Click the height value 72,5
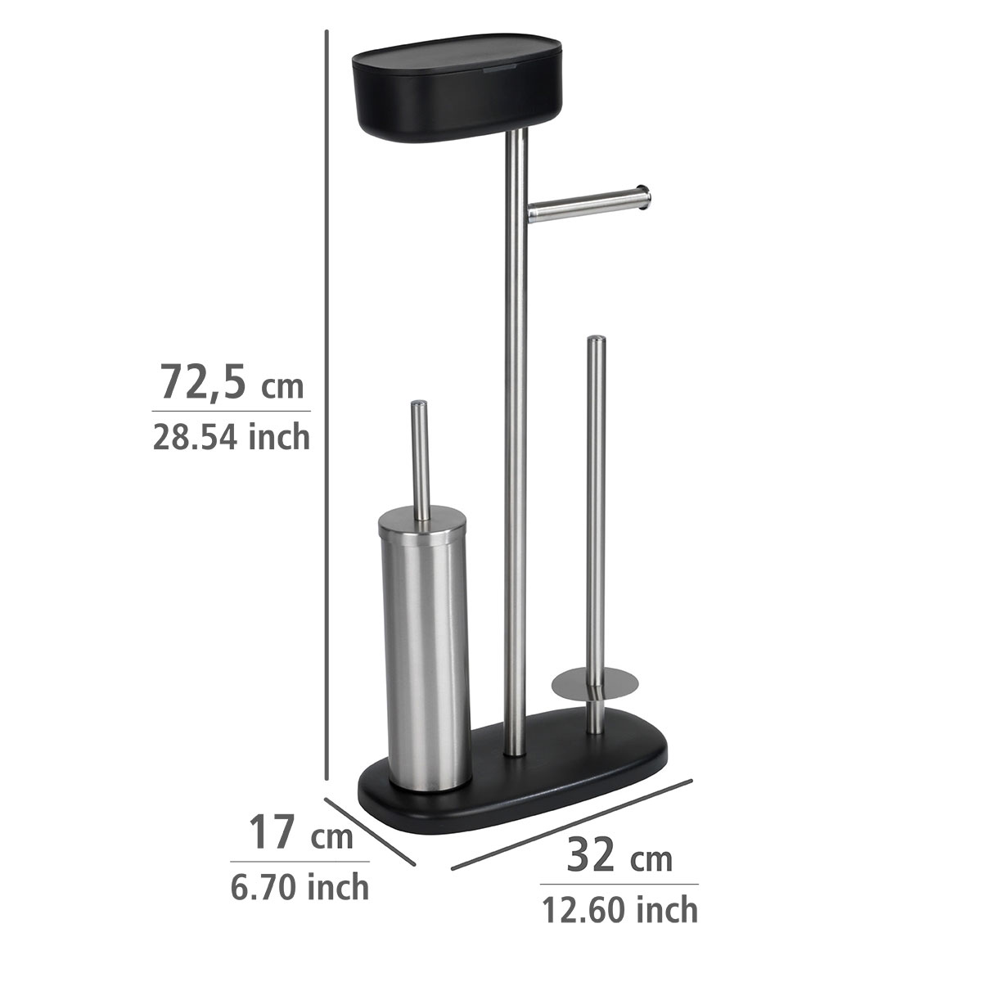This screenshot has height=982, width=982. [x=202, y=381]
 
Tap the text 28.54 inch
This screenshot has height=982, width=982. [x=231, y=437]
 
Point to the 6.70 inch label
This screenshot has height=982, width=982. [x=299, y=886]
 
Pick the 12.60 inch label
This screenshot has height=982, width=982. [x=619, y=909]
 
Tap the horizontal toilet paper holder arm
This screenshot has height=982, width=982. [x=585, y=205]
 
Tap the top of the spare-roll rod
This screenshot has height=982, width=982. [x=597, y=340]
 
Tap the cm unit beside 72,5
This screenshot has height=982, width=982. [x=282, y=385]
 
